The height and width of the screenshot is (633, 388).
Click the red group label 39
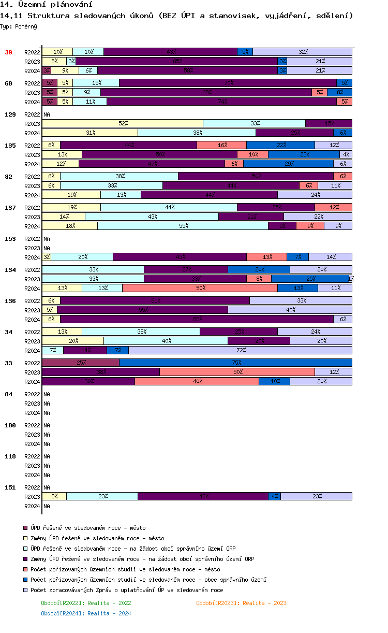[8, 52]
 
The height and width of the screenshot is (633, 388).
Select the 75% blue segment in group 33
[235, 363]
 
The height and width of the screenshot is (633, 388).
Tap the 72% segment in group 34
[240, 350]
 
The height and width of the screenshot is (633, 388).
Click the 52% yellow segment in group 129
[123, 123]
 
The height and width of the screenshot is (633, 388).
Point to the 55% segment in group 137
[183, 226]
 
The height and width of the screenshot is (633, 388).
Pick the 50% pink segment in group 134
[200, 288]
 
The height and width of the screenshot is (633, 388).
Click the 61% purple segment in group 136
[155, 300]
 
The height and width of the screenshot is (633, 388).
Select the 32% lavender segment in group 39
[302, 52]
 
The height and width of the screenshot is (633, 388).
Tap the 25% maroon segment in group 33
[81, 363]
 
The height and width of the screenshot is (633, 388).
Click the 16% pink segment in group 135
[221, 145]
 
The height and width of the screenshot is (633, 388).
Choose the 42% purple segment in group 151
[203, 496]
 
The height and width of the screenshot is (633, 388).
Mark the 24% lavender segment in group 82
[315, 195]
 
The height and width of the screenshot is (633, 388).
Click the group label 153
[10, 239]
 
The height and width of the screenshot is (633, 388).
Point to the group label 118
[10, 456]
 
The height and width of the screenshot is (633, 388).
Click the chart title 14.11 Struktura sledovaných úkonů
[176, 16]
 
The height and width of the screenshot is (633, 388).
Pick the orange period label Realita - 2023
[241, 603]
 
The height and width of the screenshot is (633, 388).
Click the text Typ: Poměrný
[19, 26]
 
